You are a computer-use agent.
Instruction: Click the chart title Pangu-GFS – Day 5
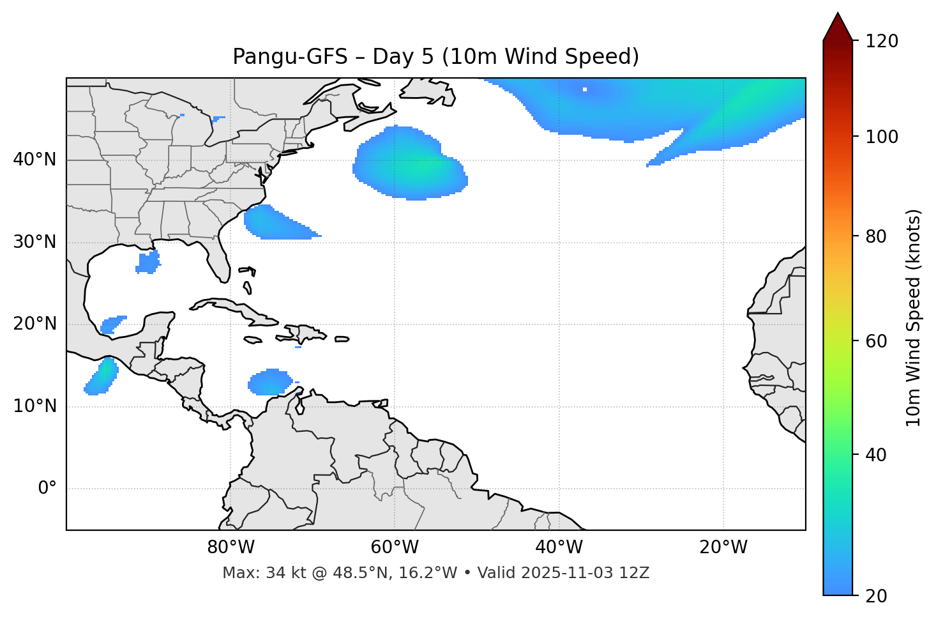[435, 57]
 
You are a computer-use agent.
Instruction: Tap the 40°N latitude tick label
[34, 160]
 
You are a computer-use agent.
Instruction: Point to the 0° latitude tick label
[47, 489]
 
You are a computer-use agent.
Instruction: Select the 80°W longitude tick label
[230, 547]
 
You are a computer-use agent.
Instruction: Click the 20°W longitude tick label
[723, 547]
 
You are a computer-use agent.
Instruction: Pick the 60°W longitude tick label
[395, 547]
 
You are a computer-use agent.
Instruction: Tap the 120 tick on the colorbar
[882, 42]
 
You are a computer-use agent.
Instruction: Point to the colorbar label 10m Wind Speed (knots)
[914, 317]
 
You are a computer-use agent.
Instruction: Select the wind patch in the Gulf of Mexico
[148, 262]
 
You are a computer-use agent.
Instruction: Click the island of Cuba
[236, 309]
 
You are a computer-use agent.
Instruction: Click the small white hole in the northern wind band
[585, 89]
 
